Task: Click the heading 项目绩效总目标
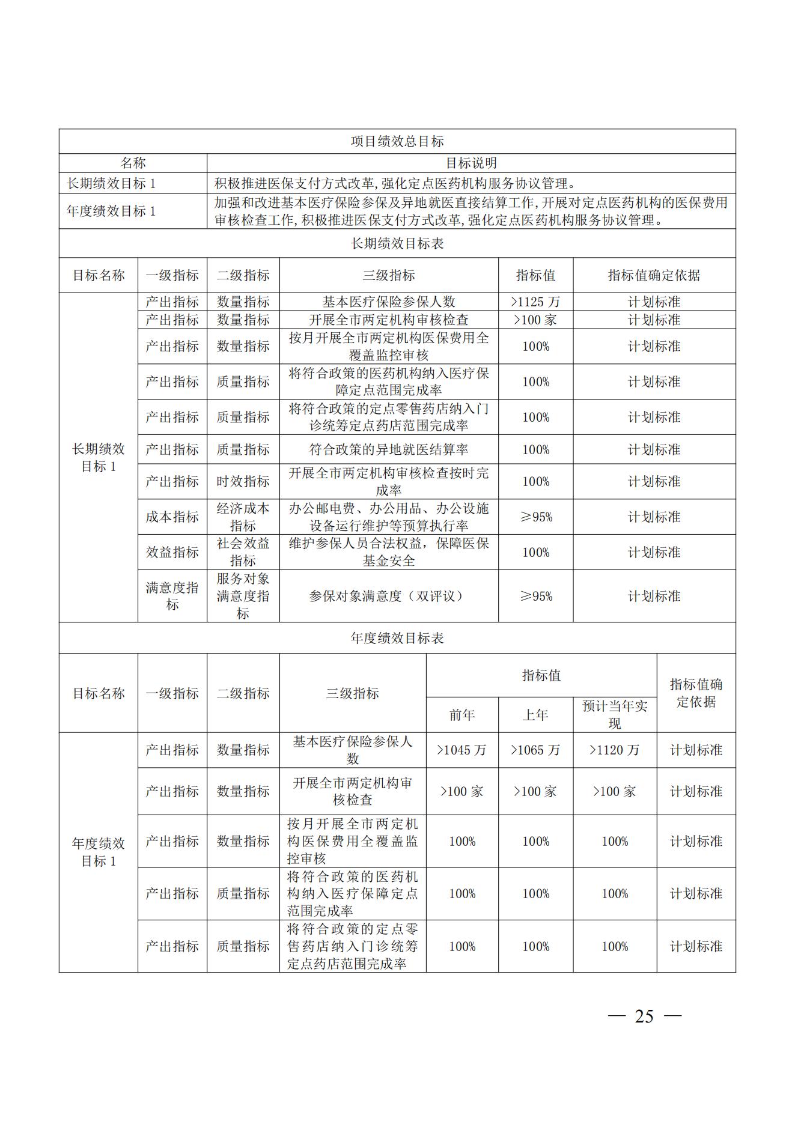(397, 142)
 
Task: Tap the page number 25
(644, 1016)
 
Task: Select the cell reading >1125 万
(535, 302)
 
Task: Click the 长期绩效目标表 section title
(397, 243)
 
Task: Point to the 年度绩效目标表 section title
(397, 638)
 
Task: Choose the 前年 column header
(462, 715)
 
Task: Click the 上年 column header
(535, 715)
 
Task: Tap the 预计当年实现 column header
(614, 715)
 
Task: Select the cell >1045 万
(462, 750)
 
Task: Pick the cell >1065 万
(535, 750)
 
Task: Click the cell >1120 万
(614, 750)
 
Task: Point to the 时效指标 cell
(243, 481)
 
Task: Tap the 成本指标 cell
(172, 517)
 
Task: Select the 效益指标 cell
(172, 552)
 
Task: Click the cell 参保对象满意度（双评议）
(388, 596)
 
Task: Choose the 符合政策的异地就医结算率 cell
(388, 449)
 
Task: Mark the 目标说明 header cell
(471, 163)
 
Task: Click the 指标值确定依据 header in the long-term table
(654, 275)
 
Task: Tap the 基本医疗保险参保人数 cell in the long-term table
(388, 302)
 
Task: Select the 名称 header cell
(133, 163)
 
